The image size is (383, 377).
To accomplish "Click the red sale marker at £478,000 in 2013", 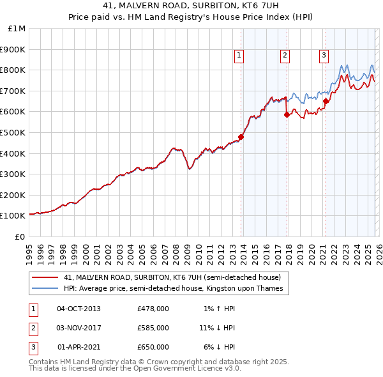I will click(241, 137).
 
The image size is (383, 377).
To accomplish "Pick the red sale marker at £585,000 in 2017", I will click(287, 115).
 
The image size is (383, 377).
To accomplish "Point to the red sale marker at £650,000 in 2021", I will click(326, 101).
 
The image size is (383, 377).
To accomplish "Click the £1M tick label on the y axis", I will click(17, 29).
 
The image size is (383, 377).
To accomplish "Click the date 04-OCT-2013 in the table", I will click(79, 309).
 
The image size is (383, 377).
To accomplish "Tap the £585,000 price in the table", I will click(153, 328).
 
